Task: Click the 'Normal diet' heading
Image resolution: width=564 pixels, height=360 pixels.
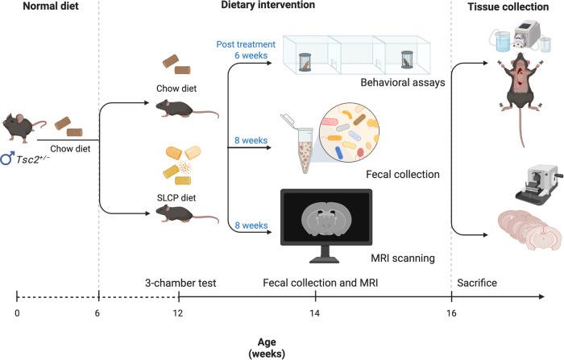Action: [x=37, y=6]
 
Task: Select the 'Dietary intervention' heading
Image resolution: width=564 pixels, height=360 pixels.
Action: [x=267, y=6]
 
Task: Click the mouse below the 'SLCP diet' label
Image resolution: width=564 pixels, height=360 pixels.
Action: [x=174, y=213]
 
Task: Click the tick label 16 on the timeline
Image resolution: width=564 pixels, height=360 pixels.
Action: [x=450, y=312]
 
